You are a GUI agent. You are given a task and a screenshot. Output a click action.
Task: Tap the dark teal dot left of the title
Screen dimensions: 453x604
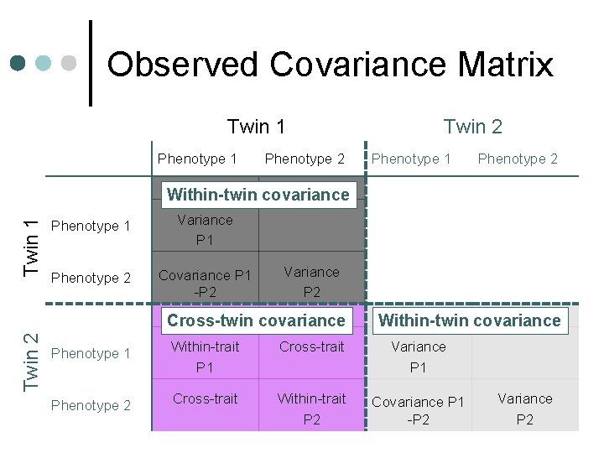click(18, 63)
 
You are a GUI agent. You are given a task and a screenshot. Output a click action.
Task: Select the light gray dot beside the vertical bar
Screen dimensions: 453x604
click(70, 63)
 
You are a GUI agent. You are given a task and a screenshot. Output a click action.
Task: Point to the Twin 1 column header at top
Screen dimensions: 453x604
click(257, 127)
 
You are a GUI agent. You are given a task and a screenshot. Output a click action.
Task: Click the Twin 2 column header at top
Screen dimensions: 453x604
click(473, 127)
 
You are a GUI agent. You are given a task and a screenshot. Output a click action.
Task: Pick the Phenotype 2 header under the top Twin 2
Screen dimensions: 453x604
click(518, 159)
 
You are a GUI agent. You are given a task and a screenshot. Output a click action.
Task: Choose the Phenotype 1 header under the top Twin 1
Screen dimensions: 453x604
click(197, 159)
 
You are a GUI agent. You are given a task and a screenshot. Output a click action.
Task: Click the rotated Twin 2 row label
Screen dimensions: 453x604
click(31, 361)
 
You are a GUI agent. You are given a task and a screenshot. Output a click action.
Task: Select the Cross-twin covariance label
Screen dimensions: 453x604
click(256, 320)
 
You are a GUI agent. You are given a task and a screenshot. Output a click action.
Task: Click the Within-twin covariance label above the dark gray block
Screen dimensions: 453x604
click(258, 195)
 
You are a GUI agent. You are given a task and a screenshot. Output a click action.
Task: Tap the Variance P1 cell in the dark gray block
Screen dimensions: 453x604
click(205, 230)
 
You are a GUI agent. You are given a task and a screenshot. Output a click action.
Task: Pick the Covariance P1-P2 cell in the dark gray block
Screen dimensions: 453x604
click(205, 283)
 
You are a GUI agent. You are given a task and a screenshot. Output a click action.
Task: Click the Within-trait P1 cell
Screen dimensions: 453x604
click(205, 357)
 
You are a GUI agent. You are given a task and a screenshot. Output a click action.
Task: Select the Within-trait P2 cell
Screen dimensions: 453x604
click(311, 409)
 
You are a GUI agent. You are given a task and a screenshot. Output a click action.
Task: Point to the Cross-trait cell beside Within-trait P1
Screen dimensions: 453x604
click(311, 346)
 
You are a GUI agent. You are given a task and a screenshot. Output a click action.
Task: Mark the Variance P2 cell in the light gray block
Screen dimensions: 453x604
click(524, 409)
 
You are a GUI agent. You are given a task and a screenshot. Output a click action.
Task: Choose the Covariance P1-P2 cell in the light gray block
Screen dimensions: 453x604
click(418, 410)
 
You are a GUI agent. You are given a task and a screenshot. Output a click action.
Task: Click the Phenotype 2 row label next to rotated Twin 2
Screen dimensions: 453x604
click(91, 405)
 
